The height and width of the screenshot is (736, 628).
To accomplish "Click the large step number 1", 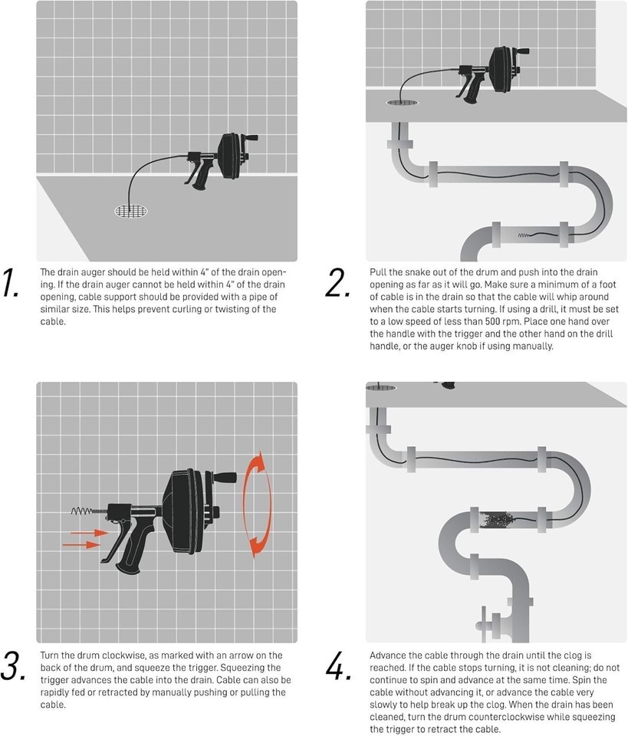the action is (x=10, y=283).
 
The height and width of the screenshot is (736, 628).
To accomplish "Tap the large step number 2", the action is (x=337, y=283).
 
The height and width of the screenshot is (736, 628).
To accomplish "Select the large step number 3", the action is (x=13, y=665).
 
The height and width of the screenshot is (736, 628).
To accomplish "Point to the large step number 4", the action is (x=338, y=665).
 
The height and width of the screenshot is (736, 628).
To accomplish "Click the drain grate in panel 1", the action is (x=131, y=211).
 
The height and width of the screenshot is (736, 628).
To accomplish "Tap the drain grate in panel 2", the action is (x=403, y=102).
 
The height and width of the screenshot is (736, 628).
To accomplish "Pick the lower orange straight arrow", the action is (x=82, y=544).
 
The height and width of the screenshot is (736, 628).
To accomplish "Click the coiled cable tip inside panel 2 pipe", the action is (x=524, y=235).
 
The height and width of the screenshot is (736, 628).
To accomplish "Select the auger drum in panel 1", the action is (x=232, y=156).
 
